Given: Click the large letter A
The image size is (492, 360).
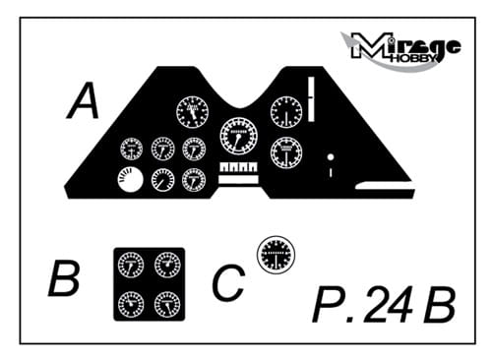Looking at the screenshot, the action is coord(84,100).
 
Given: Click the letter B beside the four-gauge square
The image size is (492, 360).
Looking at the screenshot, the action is coord(64,278).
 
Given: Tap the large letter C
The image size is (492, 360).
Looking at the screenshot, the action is coord(228,282).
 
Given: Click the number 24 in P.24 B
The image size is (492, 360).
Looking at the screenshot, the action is coord(388,305).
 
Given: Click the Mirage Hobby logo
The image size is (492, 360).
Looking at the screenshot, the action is coord(400,49).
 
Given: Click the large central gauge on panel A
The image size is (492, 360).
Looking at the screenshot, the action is coord(239,136).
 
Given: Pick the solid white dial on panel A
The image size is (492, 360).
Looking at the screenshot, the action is coord(130,180).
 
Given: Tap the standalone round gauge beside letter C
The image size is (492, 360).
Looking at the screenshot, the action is coord(276,255).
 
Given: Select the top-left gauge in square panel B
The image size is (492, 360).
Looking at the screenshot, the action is coord(131,265).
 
